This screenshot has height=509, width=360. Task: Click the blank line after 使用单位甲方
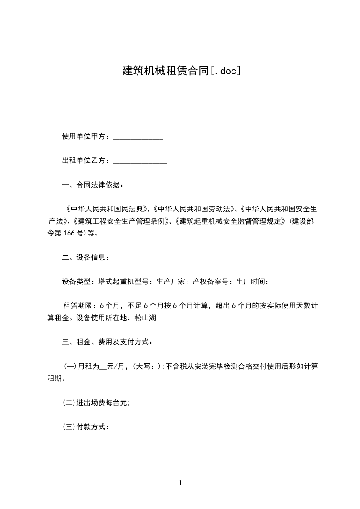point(138,137)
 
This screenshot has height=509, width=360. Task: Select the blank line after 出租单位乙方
point(139,161)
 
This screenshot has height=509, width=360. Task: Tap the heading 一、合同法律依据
point(92,185)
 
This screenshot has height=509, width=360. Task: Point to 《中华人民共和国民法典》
point(107,209)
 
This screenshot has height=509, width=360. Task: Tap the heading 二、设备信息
point(85,258)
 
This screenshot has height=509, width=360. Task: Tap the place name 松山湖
point(146,318)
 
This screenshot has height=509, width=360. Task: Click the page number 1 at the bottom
point(180,484)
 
